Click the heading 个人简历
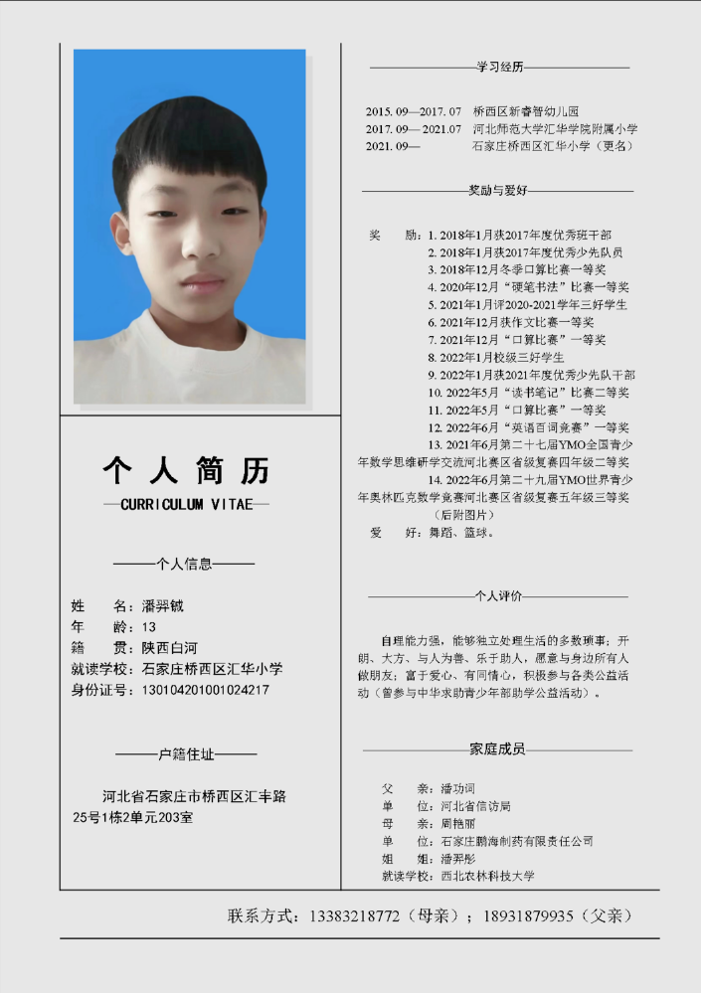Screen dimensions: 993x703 186,469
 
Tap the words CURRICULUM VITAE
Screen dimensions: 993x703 186,505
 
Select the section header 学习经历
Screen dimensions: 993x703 500,67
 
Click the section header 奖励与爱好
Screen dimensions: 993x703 497,190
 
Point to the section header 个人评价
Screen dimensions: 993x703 498,596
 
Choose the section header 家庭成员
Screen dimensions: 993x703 497,749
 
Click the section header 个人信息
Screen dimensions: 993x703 185,564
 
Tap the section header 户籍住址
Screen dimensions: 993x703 186,754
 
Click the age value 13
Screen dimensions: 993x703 149,627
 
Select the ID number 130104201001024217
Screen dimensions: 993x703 206,690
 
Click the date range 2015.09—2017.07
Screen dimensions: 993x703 414,111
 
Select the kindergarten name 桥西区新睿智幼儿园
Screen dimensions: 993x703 526,111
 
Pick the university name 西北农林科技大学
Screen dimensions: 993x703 488,876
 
